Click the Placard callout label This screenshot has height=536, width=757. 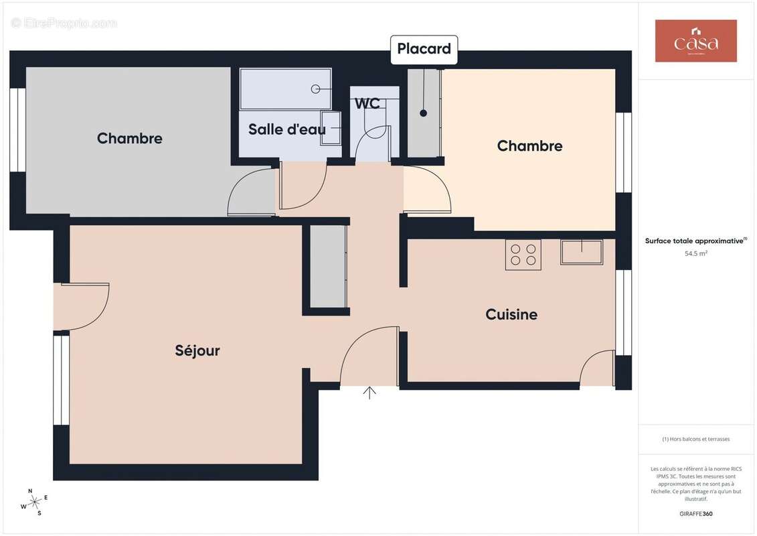click(x=424, y=49)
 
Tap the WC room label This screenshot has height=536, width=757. click(x=367, y=104)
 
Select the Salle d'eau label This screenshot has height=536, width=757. click(x=286, y=129)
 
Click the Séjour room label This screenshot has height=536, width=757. click(x=197, y=350)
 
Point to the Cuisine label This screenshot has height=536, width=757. click(x=511, y=314)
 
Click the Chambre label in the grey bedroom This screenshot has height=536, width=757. click(x=130, y=139)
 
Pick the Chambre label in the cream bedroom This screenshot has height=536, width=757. click(x=529, y=146)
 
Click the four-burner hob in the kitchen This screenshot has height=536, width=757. click(x=523, y=255)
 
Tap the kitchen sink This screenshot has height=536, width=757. click(x=582, y=252)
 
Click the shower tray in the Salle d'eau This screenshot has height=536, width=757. click(x=286, y=88)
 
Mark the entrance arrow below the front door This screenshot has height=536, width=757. click(x=369, y=393)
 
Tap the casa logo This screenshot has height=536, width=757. click(x=695, y=41)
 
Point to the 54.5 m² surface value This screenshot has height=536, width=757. click(x=696, y=254)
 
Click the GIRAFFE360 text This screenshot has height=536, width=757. click(x=695, y=514)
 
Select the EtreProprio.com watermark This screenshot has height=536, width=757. click(x=64, y=23)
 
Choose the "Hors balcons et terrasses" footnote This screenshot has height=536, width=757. click(x=696, y=440)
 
